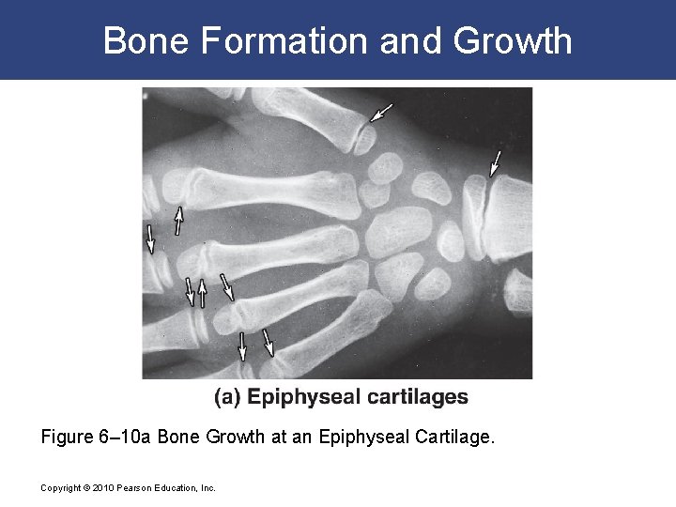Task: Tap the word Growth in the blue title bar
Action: click(513, 40)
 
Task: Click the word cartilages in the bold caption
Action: click(412, 397)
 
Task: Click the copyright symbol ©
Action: click(83, 488)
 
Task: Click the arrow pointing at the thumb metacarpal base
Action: click(379, 114)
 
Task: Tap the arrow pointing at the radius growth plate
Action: click(494, 162)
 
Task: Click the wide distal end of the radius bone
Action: click(511, 216)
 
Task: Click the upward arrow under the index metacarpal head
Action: click(177, 221)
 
